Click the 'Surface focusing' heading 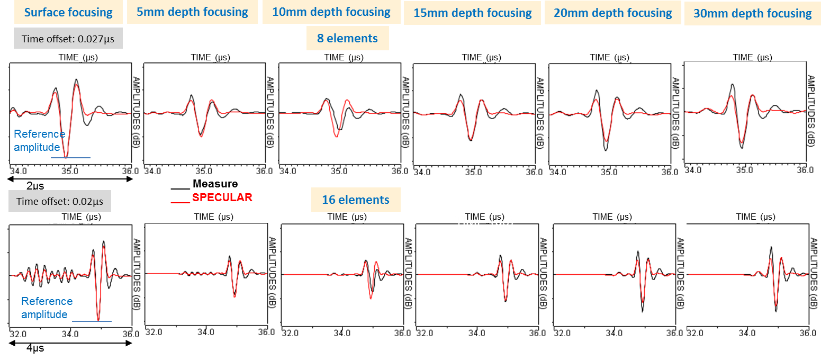tap(68, 12)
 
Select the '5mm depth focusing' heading tap(192, 12)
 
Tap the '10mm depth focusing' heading tap(331, 12)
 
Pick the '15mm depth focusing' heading tap(472, 13)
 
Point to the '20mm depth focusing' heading tap(612, 13)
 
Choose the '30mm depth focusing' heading tap(752, 14)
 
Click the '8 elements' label tap(347, 38)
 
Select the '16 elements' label tap(355, 200)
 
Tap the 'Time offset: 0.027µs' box tap(68, 39)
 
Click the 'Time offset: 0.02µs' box tap(60, 201)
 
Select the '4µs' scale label tap(35, 348)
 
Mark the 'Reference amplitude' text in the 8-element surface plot tap(39, 141)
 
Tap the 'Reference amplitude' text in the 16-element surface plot tap(47, 308)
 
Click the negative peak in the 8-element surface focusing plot tap(66, 157)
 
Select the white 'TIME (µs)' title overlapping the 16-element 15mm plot tap(484, 221)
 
